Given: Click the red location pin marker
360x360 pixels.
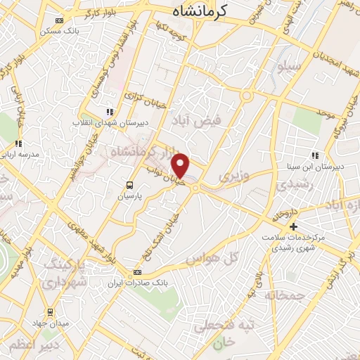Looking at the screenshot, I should coord(181,165).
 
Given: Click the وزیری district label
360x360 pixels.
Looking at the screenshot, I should coord(234,174).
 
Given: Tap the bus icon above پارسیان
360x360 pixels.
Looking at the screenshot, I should coord(129,184).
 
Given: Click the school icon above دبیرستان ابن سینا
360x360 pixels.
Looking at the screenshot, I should coord(314,155).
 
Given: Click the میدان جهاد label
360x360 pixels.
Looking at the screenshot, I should coord(49,323).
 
